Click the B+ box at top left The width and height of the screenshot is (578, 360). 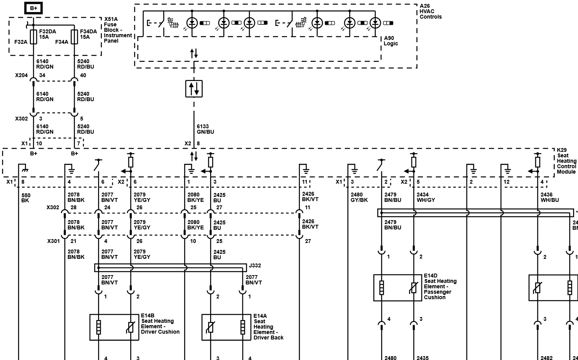pyautogui.click(x=34, y=8)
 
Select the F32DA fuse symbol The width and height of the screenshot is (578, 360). pyautogui.click(x=34, y=37)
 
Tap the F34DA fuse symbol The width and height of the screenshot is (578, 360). pyautogui.click(x=74, y=37)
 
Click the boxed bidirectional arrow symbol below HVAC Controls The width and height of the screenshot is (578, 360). pyautogui.click(x=194, y=89)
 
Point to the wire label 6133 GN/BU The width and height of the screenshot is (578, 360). pyautogui.click(x=205, y=129)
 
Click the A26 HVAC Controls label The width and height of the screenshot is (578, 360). pyautogui.click(x=430, y=11)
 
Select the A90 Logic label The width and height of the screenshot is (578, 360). pyautogui.click(x=391, y=41)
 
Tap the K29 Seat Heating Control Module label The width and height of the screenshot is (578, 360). pyautogui.click(x=566, y=161)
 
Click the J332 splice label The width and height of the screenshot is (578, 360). pyautogui.click(x=255, y=265)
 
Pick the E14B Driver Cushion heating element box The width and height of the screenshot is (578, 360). pyautogui.click(x=114, y=327)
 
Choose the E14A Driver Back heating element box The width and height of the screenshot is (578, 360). pyautogui.click(x=226, y=327)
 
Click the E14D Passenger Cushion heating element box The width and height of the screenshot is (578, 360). pyautogui.click(x=398, y=288)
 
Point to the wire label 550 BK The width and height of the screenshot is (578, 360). pyautogui.click(x=26, y=198)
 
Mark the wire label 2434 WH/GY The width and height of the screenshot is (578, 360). pyautogui.click(x=426, y=197)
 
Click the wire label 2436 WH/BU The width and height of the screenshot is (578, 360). pyautogui.click(x=550, y=197)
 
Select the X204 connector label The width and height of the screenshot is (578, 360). pyautogui.click(x=21, y=75)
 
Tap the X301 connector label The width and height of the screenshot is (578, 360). pyautogui.click(x=53, y=241)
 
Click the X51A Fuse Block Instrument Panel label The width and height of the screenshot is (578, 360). pyautogui.click(x=118, y=30)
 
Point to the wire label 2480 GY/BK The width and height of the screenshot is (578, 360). pyautogui.click(x=359, y=197)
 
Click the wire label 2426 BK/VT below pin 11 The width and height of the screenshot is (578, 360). pyautogui.click(x=310, y=196)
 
